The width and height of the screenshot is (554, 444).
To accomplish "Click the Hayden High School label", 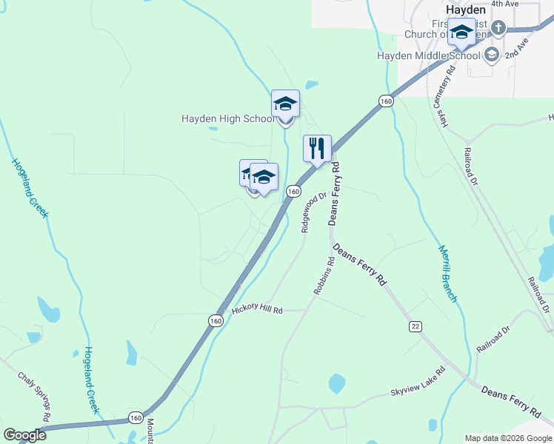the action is tap(228, 118).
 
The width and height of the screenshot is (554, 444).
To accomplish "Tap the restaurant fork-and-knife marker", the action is tap(317, 148).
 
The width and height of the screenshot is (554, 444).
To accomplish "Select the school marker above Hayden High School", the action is tap(285, 103).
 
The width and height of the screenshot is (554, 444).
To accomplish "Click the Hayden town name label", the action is tap(467, 10).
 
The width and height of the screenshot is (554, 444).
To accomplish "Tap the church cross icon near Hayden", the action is tap(498, 29).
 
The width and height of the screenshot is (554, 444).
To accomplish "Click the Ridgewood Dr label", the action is tap(314, 213).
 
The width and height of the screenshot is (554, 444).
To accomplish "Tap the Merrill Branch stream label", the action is tap(447, 274).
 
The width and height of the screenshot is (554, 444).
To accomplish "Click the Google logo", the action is tap(24, 435).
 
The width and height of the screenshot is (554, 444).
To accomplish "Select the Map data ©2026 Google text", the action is tap(507, 438).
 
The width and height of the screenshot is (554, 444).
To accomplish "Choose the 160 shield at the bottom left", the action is tap(136, 418).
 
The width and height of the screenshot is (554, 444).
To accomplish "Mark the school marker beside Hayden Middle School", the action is tap(463, 33).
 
